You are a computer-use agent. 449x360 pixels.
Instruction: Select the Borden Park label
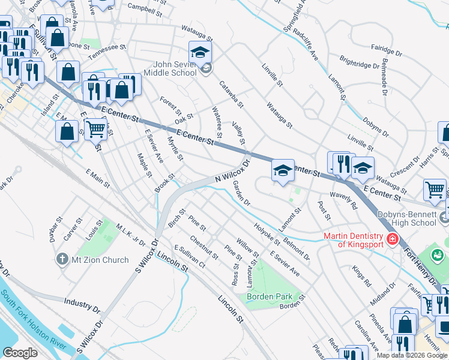270,296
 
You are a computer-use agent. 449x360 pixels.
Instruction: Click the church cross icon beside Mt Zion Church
62,260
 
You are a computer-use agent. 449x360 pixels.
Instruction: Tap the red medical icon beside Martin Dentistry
392,239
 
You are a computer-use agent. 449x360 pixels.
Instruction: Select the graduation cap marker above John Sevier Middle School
200,52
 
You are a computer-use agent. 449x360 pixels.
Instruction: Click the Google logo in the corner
20,353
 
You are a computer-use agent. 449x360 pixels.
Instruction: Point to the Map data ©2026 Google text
412,355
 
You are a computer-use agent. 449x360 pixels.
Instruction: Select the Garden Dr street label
241,193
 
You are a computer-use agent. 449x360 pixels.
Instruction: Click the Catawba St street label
231,94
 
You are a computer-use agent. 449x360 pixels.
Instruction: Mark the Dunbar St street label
53,231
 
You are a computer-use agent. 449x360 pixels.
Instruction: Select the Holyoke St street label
267,234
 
